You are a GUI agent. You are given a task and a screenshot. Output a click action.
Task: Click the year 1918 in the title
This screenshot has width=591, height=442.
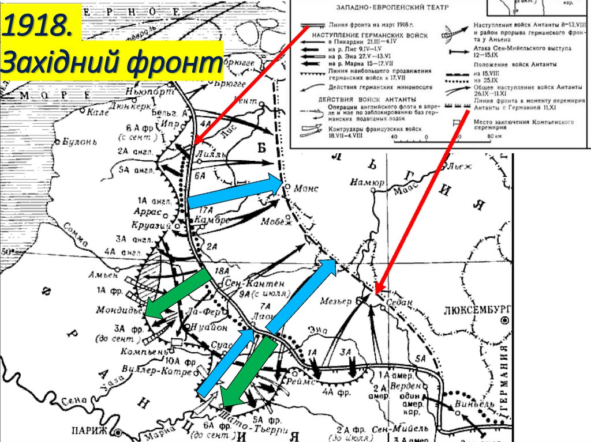(35, 27)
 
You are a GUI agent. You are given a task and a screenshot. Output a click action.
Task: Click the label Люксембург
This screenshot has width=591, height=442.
(477, 310)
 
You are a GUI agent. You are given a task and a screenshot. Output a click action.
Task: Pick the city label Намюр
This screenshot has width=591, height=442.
(366, 183)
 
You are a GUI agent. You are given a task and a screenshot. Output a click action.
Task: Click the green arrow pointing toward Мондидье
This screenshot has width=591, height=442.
(177, 294)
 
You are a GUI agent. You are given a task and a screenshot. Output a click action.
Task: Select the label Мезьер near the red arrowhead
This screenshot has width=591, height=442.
(338, 301)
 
